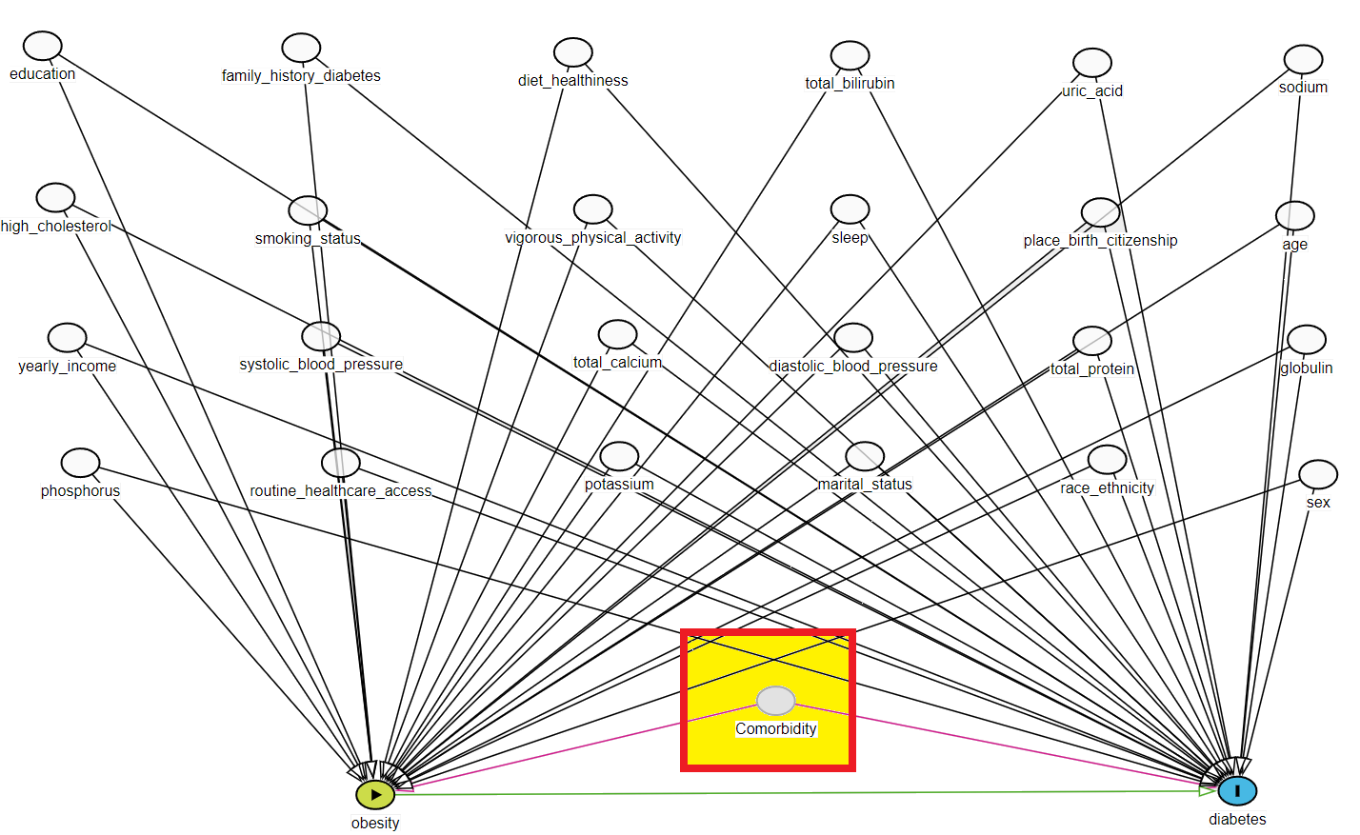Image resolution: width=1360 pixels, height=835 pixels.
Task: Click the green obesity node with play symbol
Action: click(375, 794)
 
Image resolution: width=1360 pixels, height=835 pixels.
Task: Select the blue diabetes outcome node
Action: click(1237, 790)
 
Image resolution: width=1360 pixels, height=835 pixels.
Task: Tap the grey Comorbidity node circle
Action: click(775, 701)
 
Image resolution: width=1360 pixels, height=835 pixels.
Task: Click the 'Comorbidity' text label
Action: click(776, 728)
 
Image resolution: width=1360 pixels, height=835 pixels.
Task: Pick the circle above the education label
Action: click(43, 46)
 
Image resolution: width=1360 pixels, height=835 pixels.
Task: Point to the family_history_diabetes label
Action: click(301, 75)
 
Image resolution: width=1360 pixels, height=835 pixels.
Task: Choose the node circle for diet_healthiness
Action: click(573, 52)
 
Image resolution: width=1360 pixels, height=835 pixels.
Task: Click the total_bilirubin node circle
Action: click(850, 55)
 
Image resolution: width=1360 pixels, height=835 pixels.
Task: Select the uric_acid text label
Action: click(1092, 90)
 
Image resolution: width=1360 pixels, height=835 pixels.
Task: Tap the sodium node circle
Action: click(1303, 59)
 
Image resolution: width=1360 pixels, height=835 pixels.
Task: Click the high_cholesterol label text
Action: click(56, 226)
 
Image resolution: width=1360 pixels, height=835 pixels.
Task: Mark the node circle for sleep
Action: click(850, 209)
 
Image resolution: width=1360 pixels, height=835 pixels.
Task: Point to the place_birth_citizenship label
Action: click(1100, 240)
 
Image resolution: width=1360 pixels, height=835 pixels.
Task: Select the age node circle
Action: click(1294, 216)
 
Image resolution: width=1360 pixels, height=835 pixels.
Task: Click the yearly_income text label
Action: click(67, 366)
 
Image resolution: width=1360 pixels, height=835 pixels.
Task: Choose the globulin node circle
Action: click(1306, 339)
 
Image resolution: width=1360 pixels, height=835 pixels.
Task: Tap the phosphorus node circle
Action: click(80, 463)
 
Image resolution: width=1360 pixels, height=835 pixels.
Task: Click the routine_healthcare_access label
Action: click(340, 490)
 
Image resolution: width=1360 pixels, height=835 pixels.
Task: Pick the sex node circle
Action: click(1318, 474)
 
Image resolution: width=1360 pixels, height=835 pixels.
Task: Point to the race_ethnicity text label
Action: click(1107, 487)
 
